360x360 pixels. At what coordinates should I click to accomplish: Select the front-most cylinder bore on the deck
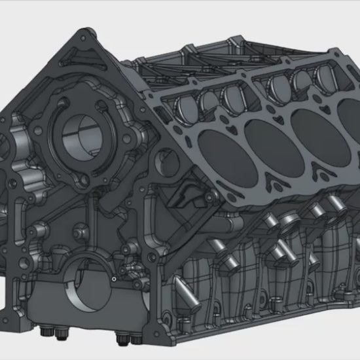[x=215, y=145]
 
